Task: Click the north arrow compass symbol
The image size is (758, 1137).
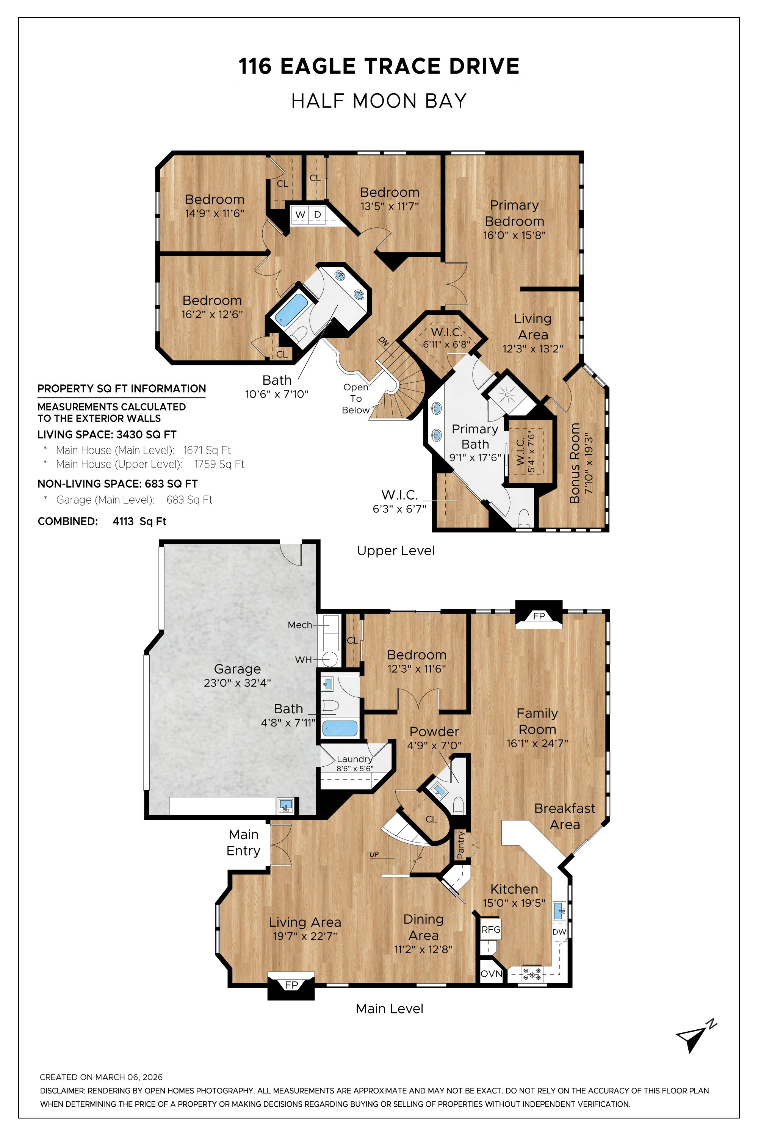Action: pyautogui.click(x=695, y=1037)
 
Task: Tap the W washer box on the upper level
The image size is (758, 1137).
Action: pyautogui.click(x=300, y=214)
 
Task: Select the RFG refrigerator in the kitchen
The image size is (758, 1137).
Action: pyautogui.click(x=491, y=930)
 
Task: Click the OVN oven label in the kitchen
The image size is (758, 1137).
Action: pyautogui.click(x=491, y=974)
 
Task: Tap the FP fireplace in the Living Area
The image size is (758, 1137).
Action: pyautogui.click(x=291, y=985)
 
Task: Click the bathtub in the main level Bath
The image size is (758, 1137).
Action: pyautogui.click(x=340, y=728)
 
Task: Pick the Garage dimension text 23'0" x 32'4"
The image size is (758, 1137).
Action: pyautogui.click(x=237, y=683)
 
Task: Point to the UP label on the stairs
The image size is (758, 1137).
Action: pyautogui.click(x=374, y=854)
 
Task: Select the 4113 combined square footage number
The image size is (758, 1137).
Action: pyautogui.click(x=123, y=521)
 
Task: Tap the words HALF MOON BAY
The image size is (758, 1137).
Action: pyautogui.click(x=379, y=101)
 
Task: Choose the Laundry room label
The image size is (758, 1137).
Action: pyautogui.click(x=355, y=759)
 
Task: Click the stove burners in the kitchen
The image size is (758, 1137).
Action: pyautogui.click(x=532, y=974)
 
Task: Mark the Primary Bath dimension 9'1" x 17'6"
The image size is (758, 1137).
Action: pyautogui.click(x=475, y=457)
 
